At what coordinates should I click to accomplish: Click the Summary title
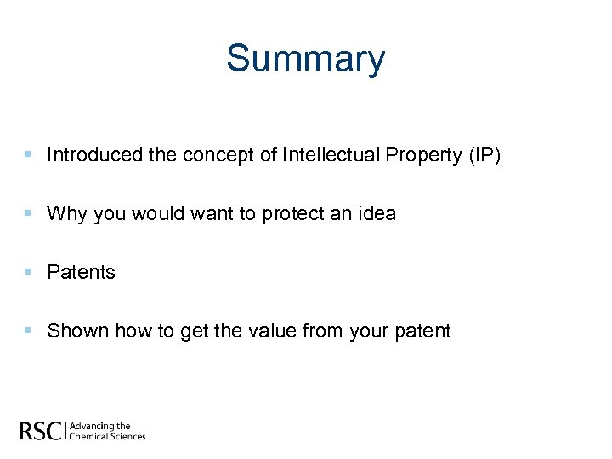[305, 59]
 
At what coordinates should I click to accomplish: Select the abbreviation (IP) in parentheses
[485, 155]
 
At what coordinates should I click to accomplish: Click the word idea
[375, 213]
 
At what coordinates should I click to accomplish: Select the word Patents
[82, 272]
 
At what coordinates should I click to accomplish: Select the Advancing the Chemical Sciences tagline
[107, 431]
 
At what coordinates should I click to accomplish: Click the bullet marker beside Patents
[28, 272]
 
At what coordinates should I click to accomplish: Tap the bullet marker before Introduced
[28, 155]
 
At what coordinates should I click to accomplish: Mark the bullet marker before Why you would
[28, 213]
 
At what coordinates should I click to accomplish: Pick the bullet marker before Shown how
[28, 331]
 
